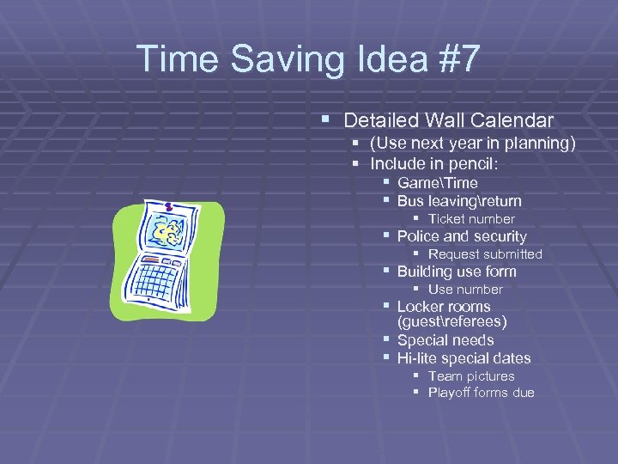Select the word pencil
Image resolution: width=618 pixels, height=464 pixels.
click(x=458, y=163)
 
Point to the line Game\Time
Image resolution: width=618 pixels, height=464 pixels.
click(x=437, y=183)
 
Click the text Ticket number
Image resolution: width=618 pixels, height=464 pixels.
click(x=470, y=219)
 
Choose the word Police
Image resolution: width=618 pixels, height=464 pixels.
click(x=419, y=236)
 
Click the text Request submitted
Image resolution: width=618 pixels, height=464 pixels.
click(x=485, y=254)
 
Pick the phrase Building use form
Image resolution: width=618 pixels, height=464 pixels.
click(x=457, y=272)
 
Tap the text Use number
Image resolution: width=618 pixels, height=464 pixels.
click(x=464, y=290)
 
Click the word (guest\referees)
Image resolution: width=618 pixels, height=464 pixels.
click(x=451, y=322)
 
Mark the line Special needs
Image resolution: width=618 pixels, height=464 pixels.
click(x=445, y=340)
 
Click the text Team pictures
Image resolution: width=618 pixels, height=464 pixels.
click(x=471, y=376)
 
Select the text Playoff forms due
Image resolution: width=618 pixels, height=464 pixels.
click(x=481, y=393)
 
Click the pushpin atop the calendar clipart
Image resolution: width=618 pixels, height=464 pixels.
click(x=169, y=206)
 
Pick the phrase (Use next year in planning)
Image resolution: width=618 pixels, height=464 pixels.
click(x=473, y=143)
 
